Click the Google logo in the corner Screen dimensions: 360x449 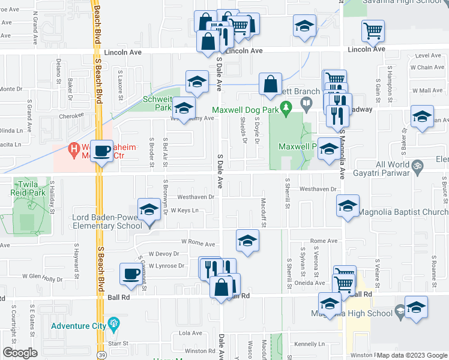(20, 353)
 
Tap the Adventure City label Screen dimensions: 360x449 (78, 326)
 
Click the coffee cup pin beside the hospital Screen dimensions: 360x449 (102, 152)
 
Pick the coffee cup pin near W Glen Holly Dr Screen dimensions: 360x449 (130, 274)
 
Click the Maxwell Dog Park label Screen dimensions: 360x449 (246, 110)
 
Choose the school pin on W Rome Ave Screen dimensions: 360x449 (246, 241)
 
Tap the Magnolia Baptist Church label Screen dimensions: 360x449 (402, 212)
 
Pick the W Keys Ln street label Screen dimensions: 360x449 (184, 211)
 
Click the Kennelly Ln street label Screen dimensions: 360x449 (310, 344)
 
